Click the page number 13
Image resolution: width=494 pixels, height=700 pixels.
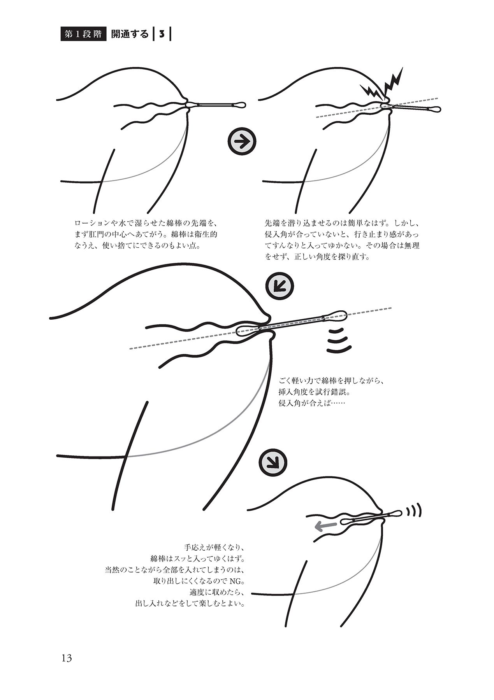(66, 658)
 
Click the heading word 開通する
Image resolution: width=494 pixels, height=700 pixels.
(130, 34)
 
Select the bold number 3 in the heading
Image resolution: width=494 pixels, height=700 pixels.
(161, 34)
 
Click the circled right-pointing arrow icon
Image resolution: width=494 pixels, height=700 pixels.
(242, 143)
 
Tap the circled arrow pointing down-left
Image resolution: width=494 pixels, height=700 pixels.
(279, 286)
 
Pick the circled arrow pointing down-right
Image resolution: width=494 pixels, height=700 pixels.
(275, 462)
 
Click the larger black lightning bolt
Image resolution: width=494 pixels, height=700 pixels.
(392, 82)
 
